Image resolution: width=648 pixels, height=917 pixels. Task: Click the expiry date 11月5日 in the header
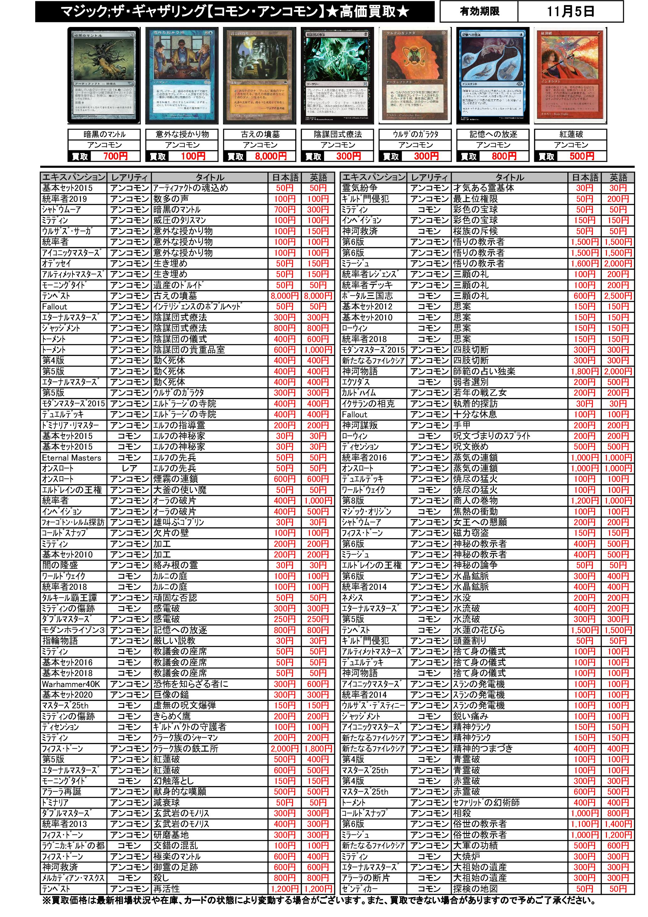coord(570,11)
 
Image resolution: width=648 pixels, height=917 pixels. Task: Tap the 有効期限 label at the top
coord(479,11)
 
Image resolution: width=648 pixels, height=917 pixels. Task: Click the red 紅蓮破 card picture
coord(571,76)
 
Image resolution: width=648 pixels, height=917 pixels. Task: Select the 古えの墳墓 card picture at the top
coord(260,76)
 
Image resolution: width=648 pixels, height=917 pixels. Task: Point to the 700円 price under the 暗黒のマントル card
coord(115,156)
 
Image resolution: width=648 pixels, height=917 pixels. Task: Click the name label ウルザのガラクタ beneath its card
coord(416,134)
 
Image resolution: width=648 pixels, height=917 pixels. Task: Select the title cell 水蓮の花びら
coord(479,630)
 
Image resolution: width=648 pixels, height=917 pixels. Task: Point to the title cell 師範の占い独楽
coord(484,371)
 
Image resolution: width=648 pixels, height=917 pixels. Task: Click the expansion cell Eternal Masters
coord(72,458)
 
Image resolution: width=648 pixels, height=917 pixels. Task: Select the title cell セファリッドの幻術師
coord(486,802)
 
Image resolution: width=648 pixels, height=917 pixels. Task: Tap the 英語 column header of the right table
coord(618,177)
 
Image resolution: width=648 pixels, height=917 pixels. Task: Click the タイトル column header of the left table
coord(210,177)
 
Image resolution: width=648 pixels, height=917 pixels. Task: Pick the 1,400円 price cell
coord(618,824)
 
